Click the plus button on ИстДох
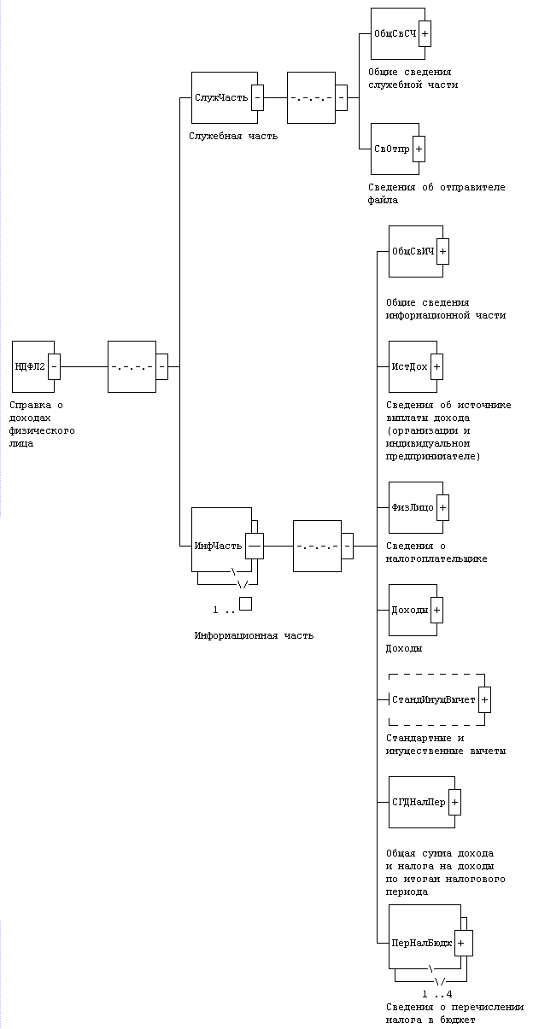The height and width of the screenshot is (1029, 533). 436,366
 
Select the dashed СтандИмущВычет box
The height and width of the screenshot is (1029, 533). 433,699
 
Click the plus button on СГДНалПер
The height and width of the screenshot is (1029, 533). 454,802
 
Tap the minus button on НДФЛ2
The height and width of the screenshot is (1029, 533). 54,366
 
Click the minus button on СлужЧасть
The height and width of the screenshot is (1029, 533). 257,97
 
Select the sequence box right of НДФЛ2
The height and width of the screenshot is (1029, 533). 132,366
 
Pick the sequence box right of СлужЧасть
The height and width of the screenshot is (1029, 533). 311,97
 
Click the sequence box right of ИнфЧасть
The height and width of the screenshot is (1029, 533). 317,546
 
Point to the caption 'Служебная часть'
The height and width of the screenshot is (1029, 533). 234,136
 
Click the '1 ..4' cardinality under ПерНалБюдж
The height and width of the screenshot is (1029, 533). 437,994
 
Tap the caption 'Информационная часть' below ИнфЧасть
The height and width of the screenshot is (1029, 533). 254,635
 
